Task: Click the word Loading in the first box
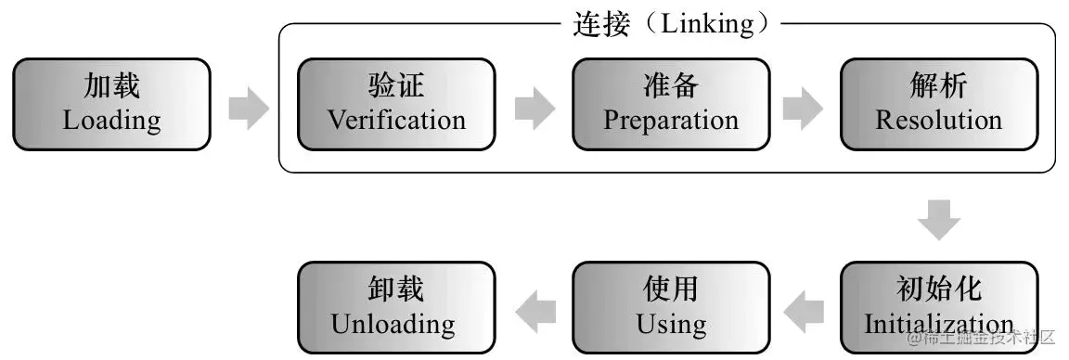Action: [111, 121]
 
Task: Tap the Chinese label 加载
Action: [111, 87]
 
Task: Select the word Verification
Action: [396, 121]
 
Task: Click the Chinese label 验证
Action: [396, 87]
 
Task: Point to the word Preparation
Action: [670, 121]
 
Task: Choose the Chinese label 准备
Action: [670, 87]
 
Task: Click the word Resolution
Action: [938, 121]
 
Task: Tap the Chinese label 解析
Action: [938, 87]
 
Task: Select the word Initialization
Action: [938, 325]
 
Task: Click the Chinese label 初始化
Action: [938, 289]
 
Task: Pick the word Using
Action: [670, 325]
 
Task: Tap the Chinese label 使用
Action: [670, 289]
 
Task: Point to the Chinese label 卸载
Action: [395, 289]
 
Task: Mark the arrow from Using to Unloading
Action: [534, 310]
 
